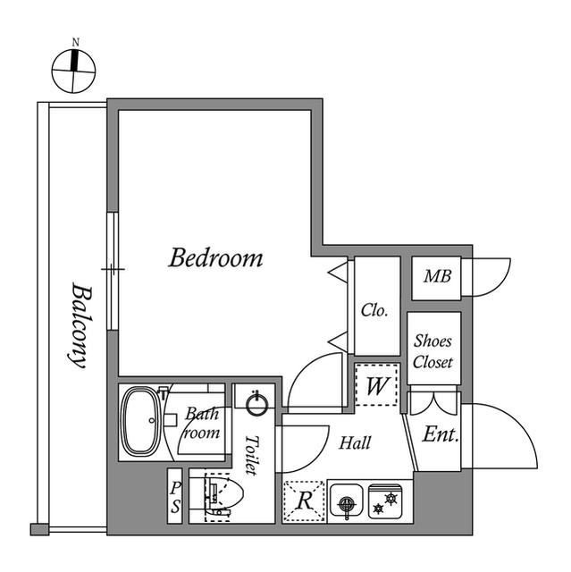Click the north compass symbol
pos(75,68)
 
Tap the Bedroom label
pos(216,259)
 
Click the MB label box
pos(436,277)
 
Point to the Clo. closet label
pos(374,311)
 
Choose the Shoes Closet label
pos(433,352)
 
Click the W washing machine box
pos(376,386)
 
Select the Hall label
pos(355,442)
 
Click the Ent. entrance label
pos(440,436)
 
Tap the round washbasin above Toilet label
pos(257,405)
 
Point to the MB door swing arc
pos(491,277)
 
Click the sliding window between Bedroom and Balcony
pos(112,268)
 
